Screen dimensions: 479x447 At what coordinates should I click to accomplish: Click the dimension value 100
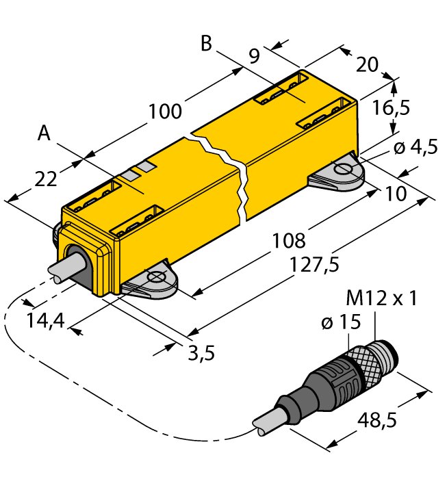point(166,112)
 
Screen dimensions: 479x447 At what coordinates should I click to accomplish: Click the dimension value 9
point(254,56)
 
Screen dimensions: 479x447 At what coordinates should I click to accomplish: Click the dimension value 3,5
point(201,353)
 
